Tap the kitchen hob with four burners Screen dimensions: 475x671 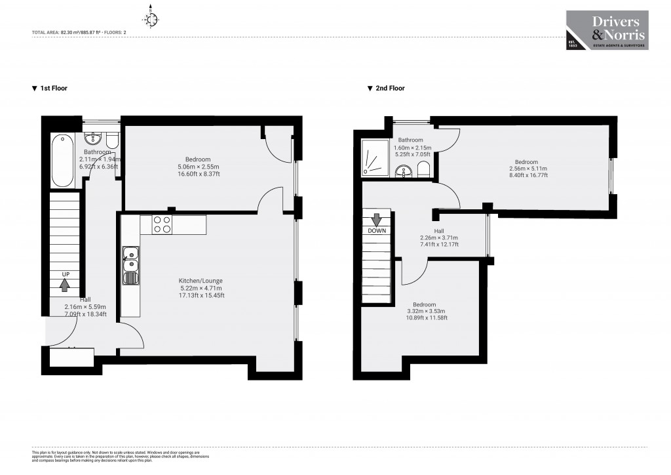(x=162, y=225)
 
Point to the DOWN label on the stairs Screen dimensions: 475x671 (x=377, y=230)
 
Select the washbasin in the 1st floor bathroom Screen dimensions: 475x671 (x=94, y=138)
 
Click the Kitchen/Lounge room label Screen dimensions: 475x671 (x=201, y=281)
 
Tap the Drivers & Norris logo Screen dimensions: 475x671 (x=607, y=30)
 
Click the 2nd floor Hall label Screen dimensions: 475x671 (x=438, y=231)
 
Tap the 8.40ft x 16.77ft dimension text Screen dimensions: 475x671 (x=526, y=176)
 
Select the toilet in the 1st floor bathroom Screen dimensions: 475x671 (x=112, y=140)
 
